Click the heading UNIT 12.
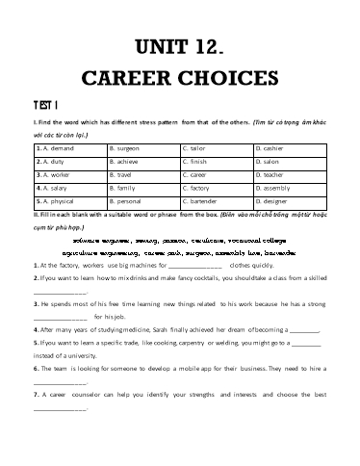[x=180, y=45]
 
